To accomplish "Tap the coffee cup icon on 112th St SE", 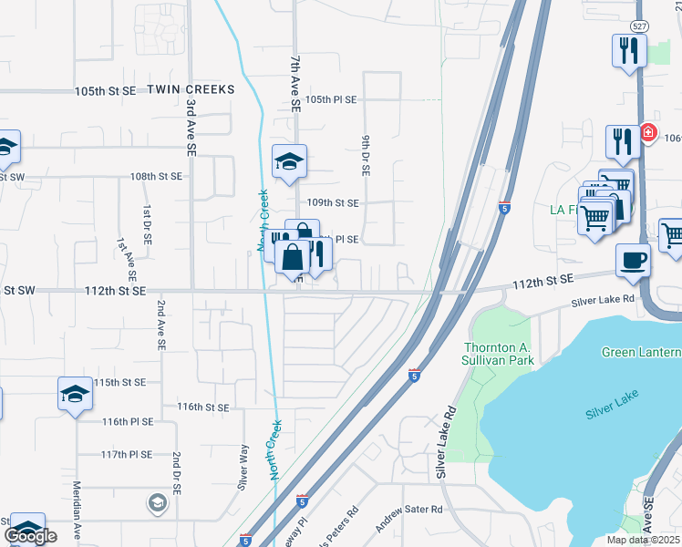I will (x=633, y=260).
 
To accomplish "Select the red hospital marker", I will (x=648, y=133).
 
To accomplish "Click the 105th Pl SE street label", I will (x=331, y=99).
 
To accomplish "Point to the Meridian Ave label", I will (x=77, y=511).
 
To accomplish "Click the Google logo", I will (x=30, y=536).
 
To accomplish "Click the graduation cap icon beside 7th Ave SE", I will (x=289, y=161).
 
